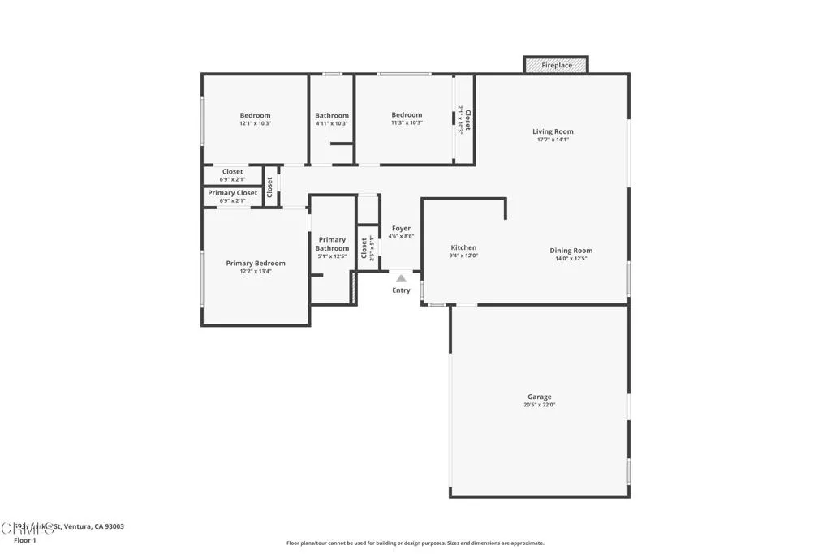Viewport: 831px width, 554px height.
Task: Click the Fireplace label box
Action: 556,65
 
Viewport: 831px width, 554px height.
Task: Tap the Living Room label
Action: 553,131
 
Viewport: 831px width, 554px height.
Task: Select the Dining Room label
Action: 571,251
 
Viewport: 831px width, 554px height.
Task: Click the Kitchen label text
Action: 463,247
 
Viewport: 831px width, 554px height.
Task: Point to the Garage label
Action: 539,397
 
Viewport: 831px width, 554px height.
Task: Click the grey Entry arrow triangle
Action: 401,278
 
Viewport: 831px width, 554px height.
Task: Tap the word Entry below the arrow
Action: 401,290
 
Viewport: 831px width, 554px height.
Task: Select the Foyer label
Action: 401,229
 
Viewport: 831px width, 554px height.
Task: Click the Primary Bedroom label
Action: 255,263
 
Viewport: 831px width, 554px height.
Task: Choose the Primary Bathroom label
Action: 332,243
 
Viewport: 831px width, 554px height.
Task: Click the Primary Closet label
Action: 232,193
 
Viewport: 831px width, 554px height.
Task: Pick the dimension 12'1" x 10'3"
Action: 255,123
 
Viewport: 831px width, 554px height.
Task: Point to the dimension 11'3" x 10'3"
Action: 407,123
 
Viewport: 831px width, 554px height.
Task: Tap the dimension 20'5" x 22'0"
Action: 539,405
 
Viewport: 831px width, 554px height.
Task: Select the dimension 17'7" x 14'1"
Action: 553,140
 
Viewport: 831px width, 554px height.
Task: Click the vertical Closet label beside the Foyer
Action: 364,247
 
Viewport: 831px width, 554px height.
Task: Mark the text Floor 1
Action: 26,539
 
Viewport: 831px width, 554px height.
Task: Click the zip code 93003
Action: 113,526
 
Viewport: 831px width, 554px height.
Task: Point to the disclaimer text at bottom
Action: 415,543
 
